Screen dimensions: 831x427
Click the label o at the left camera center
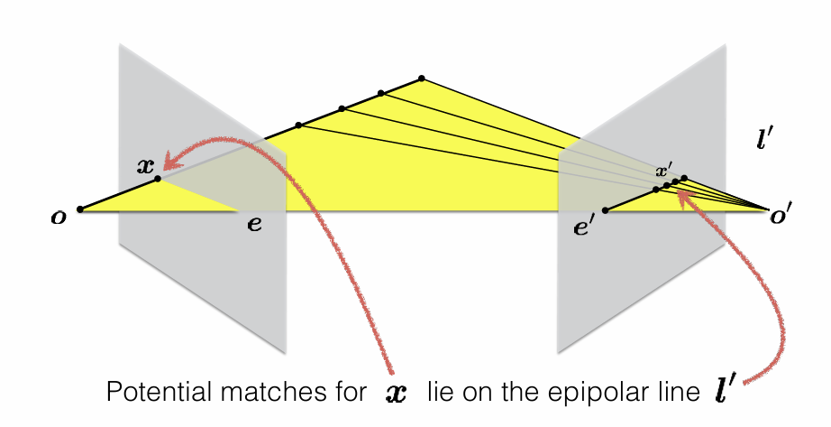coord(59,218)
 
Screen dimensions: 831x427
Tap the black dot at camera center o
coord(80,209)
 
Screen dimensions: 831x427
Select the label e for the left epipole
coord(254,224)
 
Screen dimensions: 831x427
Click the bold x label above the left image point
coord(145,166)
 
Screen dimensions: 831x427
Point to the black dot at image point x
coord(158,179)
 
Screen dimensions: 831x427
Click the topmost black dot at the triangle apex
coord(421,79)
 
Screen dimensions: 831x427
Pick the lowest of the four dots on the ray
coord(298,125)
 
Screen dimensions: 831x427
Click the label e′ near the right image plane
coord(582,227)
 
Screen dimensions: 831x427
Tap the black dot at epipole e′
coord(606,210)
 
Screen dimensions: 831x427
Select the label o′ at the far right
coord(781,216)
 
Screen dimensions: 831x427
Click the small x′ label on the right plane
coord(663,171)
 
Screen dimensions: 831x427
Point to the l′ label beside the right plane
coord(763,138)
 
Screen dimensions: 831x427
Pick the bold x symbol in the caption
coord(397,394)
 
